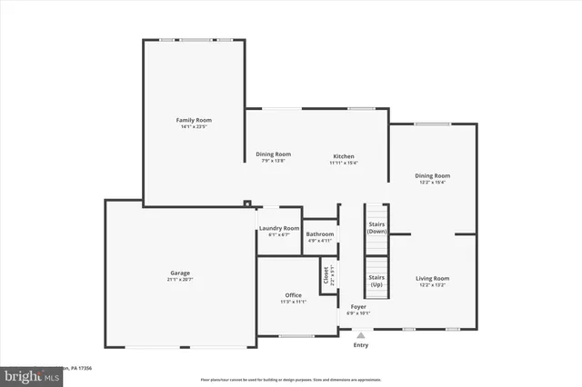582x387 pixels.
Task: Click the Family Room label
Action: point(194,119)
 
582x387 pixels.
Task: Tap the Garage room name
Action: point(180,273)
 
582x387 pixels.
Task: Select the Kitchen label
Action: point(342,156)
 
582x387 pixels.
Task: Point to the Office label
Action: point(293,294)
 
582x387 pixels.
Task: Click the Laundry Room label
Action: point(278,228)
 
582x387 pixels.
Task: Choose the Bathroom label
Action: point(319,233)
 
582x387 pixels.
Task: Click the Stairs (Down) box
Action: point(376,227)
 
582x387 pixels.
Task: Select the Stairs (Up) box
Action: point(376,281)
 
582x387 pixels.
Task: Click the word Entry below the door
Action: point(361,345)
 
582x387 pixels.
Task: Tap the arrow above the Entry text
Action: point(361,333)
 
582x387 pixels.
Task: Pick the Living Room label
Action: point(432,278)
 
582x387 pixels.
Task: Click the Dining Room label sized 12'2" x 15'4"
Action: point(432,175)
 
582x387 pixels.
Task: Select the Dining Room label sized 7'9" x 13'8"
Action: point(273,154)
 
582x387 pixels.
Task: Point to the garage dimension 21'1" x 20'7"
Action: point(180,279)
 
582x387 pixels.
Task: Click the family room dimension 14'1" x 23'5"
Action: point(194,126)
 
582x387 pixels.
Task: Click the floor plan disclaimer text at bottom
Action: point(291,378)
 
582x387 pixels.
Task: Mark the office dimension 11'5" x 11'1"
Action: point(293,302)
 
